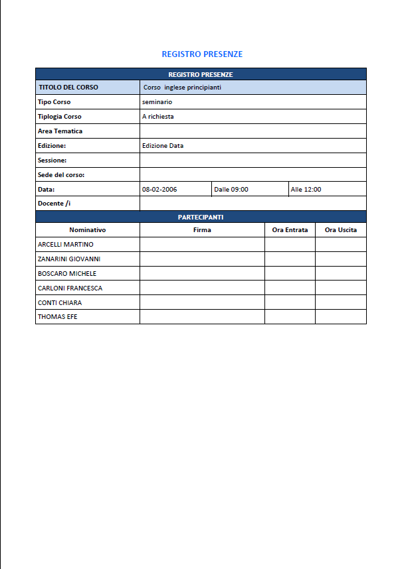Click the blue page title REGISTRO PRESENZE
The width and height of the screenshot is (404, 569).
(x=202, y=54)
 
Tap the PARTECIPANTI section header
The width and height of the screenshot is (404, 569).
(x=200, y=217)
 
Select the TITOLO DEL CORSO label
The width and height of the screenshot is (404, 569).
(x=68, y=88)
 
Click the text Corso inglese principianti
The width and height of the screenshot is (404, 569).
(x=182, y=88)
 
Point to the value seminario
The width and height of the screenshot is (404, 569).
(x=157, y=102)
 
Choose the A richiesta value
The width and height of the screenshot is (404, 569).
(x=158, y=117)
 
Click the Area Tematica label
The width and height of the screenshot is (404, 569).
(x=60, y=131)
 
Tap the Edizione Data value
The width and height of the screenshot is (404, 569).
(x=163, y=146)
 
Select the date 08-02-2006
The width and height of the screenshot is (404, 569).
(x=159, y=190)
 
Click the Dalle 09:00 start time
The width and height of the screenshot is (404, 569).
(x=231, y=190)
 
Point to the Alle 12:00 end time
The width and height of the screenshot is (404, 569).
(x=306, y=190)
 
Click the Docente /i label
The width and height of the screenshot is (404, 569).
(x=54, y=204)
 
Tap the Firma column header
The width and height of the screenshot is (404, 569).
(x=202, y=230)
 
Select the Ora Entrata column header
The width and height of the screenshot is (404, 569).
(x=290, y=230)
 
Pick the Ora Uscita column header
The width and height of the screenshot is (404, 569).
(x=340, y=230)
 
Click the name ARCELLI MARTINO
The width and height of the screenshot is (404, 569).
(x=66, y=245)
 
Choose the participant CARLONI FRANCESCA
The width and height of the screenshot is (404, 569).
(x=70, y=288)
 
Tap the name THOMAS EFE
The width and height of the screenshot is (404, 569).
(x=57, y=317)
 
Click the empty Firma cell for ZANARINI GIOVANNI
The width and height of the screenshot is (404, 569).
(x=202, y=259)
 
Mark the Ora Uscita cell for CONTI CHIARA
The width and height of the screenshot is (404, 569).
(x=340, y=302)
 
